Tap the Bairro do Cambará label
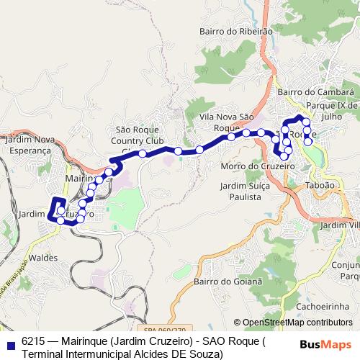tap(316, 92)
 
